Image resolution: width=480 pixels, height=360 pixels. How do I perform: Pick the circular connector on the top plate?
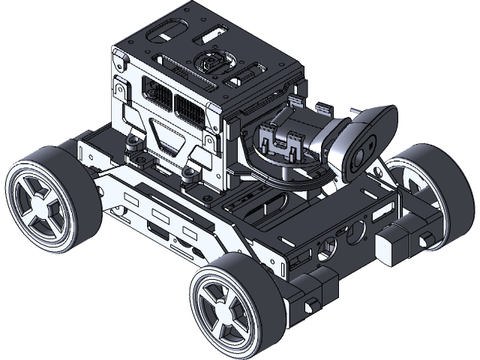(211, 63)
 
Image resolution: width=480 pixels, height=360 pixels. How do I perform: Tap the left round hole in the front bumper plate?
(325, 244)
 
